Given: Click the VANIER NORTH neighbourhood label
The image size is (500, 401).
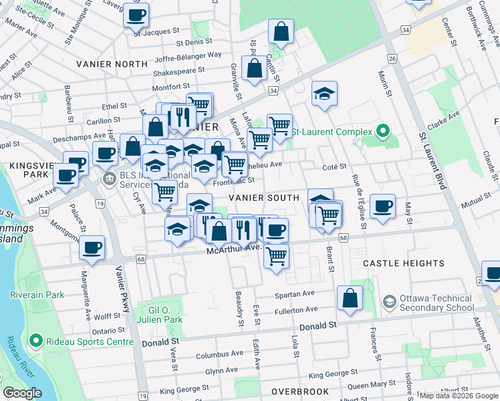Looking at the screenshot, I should [112, 64].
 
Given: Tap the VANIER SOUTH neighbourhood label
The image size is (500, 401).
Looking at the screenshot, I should [264, 198].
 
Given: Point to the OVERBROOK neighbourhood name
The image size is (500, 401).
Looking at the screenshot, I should [299, 392].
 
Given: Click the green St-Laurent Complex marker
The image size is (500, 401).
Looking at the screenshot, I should [383, 130].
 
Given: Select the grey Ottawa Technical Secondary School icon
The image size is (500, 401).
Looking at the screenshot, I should [388, 303].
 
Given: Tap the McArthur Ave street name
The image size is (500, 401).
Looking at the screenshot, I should [233, 249].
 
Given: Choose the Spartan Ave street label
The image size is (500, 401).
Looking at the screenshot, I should [295, 294].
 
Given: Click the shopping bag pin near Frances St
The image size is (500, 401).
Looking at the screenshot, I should [350, 298].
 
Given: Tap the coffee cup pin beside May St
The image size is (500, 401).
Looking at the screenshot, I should [382, 206].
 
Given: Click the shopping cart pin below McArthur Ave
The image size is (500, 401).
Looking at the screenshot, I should [276, 255].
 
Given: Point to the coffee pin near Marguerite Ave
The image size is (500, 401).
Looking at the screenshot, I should [92, 247].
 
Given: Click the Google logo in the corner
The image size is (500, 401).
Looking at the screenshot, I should [23, 394].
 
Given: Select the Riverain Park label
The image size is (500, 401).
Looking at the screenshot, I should [37, 294].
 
